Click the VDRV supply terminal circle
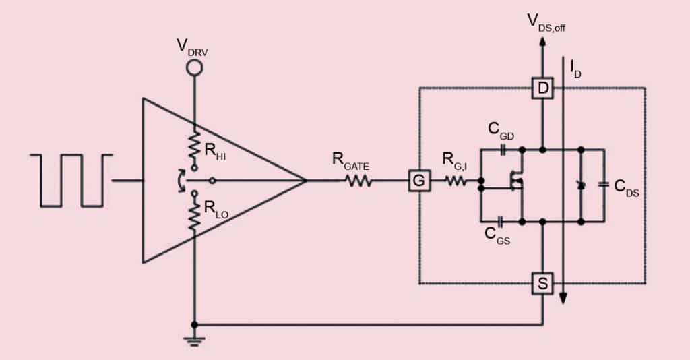pyautogui.click(x=195, y=67)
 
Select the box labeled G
pyautogui.click(x=418, y=181)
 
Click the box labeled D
pyautogui.click(x=542, y=87)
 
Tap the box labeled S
pyautogui.click(x=542, y=284)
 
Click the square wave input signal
pyautogui.click(x=70, y=180)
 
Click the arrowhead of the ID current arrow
pyautogui.click(x=563, y=299)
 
